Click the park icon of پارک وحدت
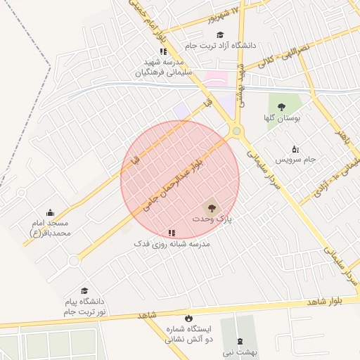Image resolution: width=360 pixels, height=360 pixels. point(210,207)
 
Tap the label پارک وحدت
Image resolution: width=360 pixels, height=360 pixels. point(212,220)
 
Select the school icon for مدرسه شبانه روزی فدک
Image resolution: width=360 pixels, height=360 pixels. point(172,233)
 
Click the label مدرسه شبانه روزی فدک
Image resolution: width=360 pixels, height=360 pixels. point(172,243)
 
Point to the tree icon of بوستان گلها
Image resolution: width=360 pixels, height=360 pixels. point(281,108)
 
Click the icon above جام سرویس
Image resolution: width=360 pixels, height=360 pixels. point(295,148)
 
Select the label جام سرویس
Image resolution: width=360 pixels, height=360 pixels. point(295,160)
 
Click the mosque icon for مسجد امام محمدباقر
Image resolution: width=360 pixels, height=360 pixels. point(51,213)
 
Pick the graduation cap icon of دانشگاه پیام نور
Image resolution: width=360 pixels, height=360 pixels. point(84,290)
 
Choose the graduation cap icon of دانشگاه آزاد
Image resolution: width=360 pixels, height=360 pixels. point(219,34)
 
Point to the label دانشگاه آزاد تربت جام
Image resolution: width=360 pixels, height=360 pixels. point(219,45)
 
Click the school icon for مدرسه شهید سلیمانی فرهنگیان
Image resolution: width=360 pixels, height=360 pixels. point(163,51)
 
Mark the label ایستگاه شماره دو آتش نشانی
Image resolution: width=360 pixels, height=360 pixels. point(188,334)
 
